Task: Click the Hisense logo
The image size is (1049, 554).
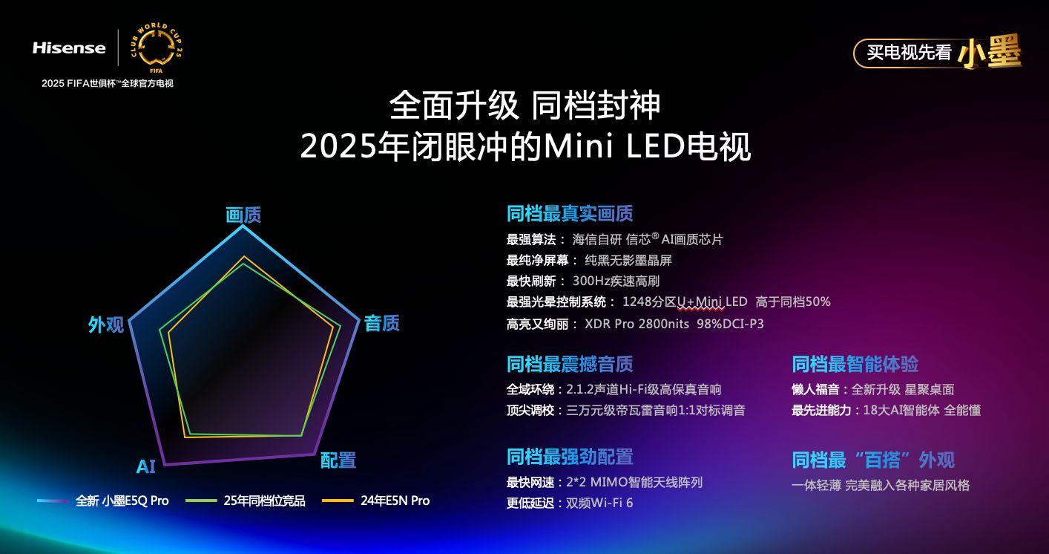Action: pos(69,48)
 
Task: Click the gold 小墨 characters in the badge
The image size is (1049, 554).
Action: pos(990,51)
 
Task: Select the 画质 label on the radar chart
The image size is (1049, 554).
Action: pos(243,215)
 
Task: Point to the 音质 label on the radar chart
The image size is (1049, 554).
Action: pos(381,323)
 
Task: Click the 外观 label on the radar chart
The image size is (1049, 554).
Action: pos(106,325)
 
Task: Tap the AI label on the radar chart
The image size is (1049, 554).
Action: pos(145,467)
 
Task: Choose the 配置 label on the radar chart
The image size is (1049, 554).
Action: pos(338,460)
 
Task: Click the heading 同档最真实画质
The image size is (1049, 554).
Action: pos(570,214)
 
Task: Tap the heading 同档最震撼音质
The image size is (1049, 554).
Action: pos(570,364)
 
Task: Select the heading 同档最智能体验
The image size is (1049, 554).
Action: pos(855,364)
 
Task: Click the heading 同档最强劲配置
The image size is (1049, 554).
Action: pos(570,457)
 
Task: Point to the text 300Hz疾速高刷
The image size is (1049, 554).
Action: pos(616,281)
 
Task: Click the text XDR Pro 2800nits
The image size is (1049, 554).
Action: pos(637,324)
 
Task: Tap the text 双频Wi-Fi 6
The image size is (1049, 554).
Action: pos(599,503)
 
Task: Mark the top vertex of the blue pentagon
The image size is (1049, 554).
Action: pos(243,227)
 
